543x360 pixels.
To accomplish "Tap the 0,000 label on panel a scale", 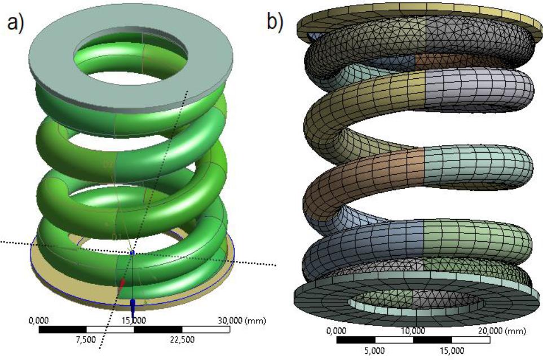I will pyautogui.click(x=38, y=320).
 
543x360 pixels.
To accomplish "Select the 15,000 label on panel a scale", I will pyautogui.click(x=134, y=320).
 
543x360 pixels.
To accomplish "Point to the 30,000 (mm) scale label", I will pyautogui.click(x=240, y=320).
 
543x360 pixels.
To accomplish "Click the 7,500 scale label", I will pyautogui.click(x=86, y=339).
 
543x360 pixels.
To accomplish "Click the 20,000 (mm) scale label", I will pyautogui.click(x=500, y=331).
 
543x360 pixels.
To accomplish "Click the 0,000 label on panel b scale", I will pyautogui.click(x=336, y=331).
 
